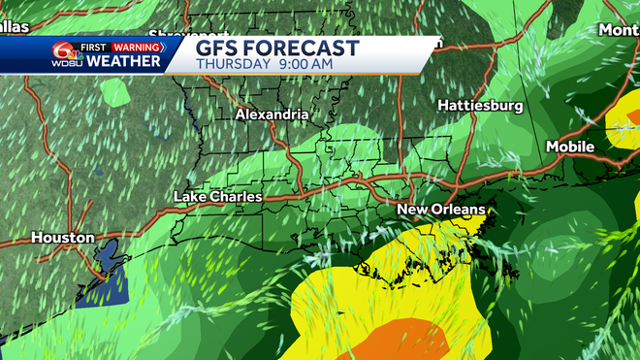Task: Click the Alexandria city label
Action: [272, 115]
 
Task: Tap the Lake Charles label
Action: [217, 197]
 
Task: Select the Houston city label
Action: [62, 237]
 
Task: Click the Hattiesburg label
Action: [480, 104]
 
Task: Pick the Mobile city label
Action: [569, 147]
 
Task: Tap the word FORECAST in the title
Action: [303, 49]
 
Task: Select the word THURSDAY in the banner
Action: [233, 64]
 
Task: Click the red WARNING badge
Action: [136, 47]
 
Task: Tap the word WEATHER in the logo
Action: [123, 61]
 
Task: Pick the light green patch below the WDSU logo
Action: [114, 92]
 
